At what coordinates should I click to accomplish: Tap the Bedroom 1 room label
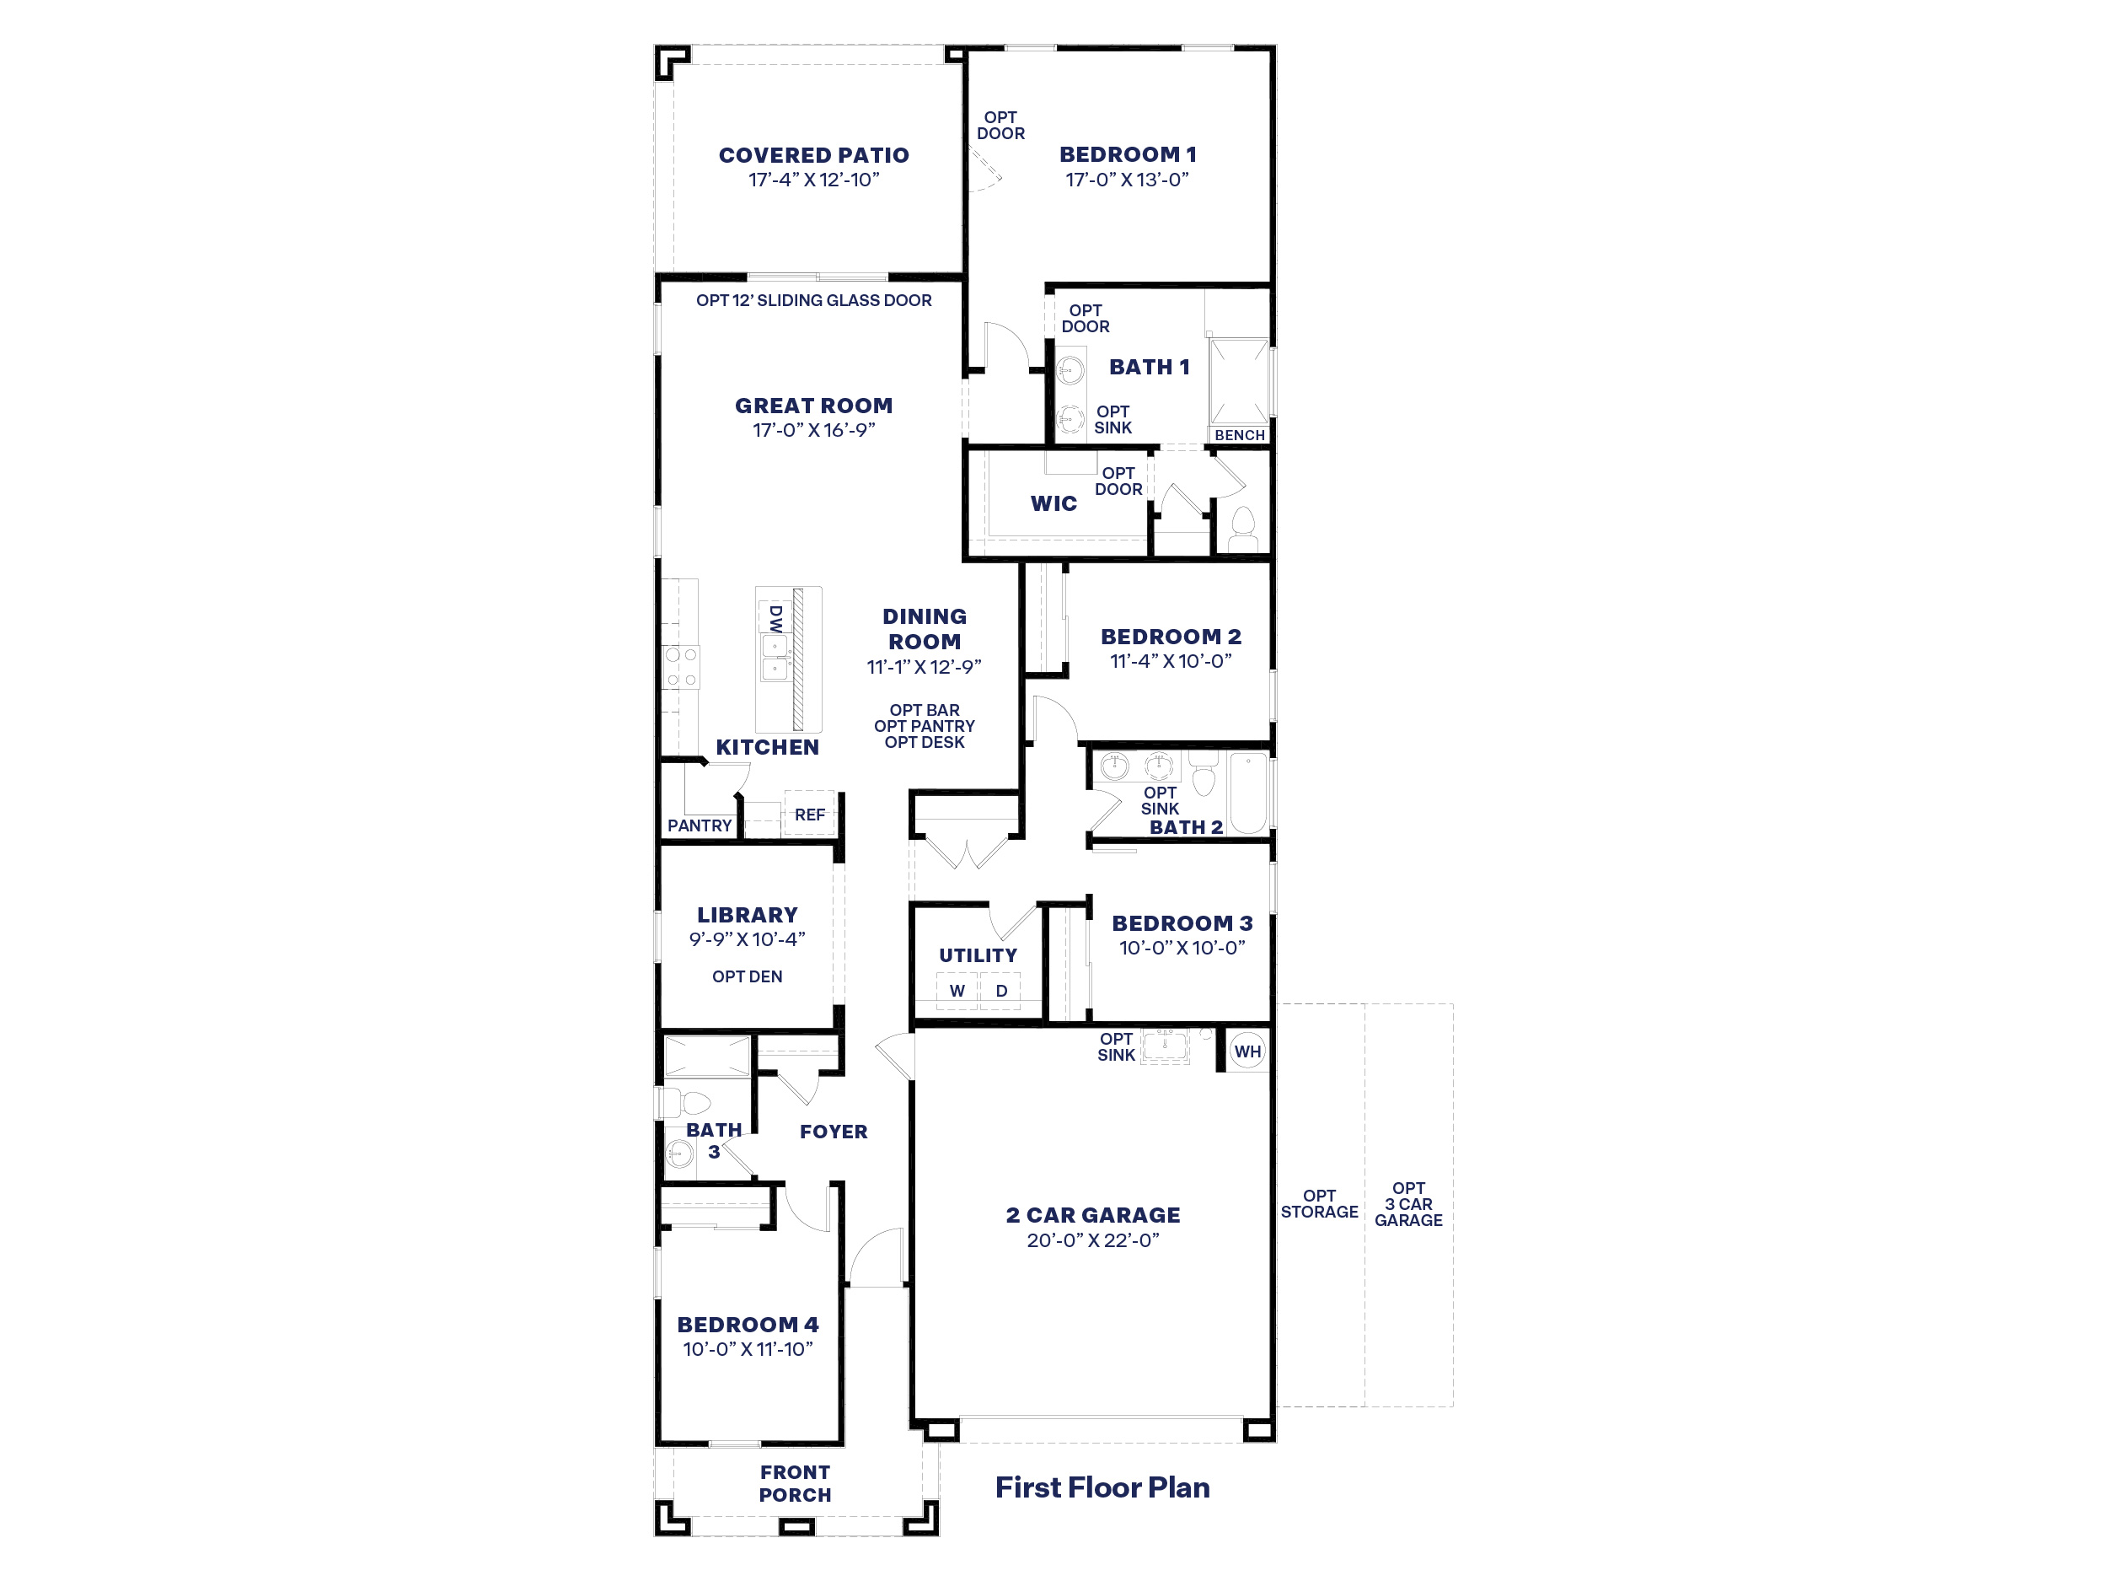[1128, 154]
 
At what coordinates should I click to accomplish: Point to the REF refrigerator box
[810, 814]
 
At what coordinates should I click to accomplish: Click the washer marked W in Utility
[957, 990]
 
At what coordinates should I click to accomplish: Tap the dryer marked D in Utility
[1001, 990]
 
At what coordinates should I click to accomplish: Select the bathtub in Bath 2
[1249, 793]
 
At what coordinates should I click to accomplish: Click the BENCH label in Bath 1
[1239, 434]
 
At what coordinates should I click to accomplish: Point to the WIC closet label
[1053, 503]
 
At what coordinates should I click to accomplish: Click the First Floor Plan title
[1102, 1487]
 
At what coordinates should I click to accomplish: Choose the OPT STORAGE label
[1319, 1203]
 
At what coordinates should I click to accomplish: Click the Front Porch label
[796, 1484]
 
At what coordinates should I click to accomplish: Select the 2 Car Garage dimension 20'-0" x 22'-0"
[1092, 1240]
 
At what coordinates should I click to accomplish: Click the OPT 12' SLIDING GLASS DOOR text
[813, 300]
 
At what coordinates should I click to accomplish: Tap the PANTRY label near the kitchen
[700, 825]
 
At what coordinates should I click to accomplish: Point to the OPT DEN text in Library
[747, 976]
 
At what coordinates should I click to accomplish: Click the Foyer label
[834, 1132]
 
